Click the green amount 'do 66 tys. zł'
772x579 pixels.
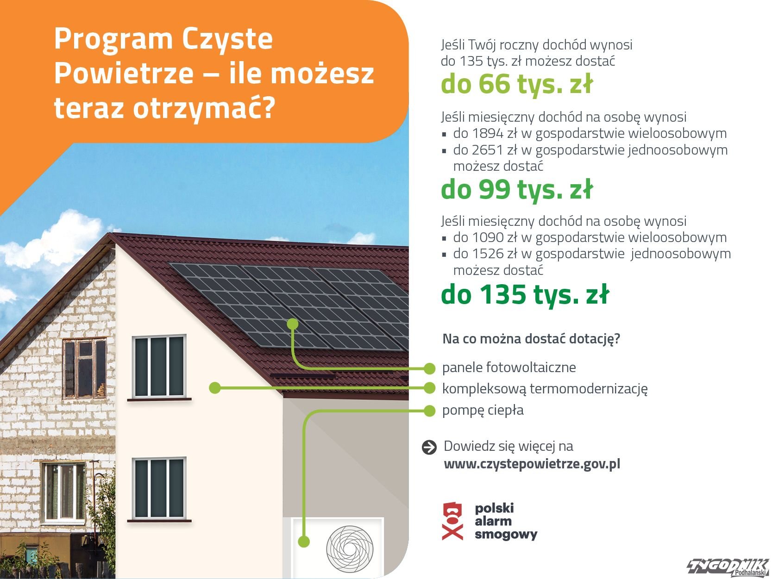click(x=517, y=84)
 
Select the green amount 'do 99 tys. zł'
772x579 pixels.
click(x=517, y=190)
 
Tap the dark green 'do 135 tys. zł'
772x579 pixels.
click(x=525, y=294)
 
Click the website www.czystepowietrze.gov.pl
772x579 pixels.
click(x=532, y=464)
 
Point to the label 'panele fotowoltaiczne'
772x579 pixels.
click(x=509, y=367)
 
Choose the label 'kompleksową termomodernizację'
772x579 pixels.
click(x=545, y=389)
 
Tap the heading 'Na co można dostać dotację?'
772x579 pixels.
click(x=531, y=339)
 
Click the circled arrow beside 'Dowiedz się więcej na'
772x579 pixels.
click(x=429, y=448)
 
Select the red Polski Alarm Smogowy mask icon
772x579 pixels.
click(x=452, y=521)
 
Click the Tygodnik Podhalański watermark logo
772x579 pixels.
click(x=728, y=567)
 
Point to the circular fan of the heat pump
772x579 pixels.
click(x=350, y=548)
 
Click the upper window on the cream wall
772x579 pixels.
click(x=159, y=367)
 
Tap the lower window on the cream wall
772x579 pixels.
click(x=159, y=488)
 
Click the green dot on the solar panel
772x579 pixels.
click(x=293, y=324)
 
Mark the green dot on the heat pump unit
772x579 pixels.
click(x=304, y=542)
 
